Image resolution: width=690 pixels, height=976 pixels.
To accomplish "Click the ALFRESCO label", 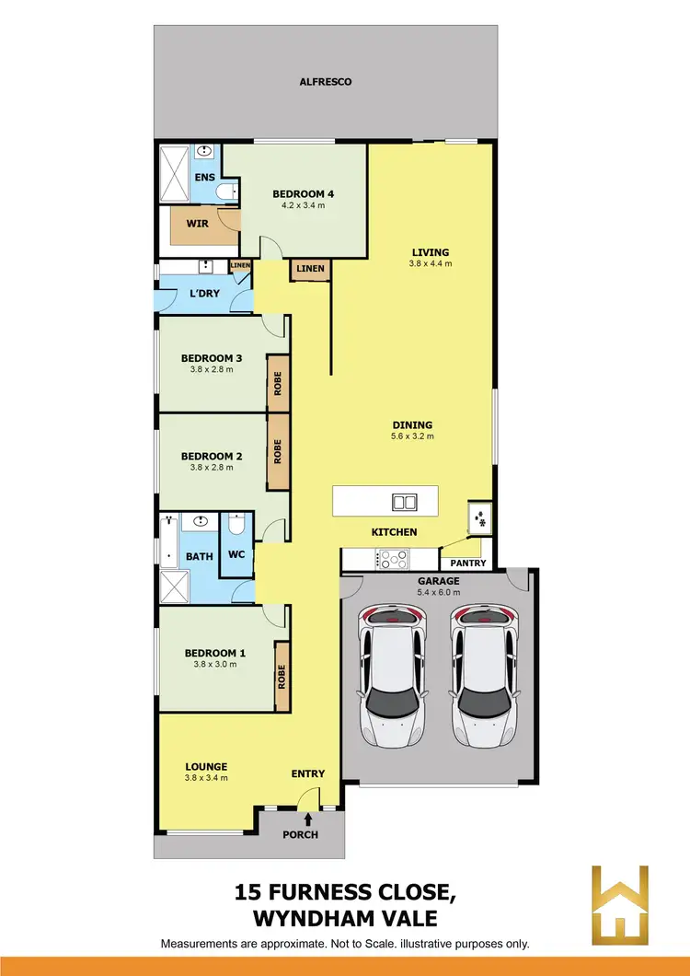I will coord(326,82).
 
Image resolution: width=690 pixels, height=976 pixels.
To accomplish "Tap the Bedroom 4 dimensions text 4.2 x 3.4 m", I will coord(303,205).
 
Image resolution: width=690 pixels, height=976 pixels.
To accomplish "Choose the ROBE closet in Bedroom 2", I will coord(277,450).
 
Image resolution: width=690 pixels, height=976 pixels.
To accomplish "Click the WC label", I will coord(235,555).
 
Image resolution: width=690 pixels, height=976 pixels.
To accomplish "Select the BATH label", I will coord(200,556).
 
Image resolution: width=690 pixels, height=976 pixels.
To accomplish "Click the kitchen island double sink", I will coord(403,502).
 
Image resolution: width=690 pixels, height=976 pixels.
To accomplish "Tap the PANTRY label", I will coord(467,562).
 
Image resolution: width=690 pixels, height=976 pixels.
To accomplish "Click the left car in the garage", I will coord(395,677).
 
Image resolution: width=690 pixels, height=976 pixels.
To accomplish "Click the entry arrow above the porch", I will coord(307,816).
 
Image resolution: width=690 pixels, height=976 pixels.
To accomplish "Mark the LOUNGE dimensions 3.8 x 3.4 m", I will coord(206,778).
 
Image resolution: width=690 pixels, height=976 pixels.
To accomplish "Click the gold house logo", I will coord(620,903).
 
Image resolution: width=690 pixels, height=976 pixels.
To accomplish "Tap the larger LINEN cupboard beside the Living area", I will coord(308,269).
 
